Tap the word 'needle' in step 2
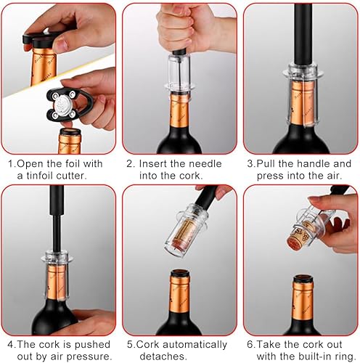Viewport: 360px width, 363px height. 205,164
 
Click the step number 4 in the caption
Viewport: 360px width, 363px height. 10,345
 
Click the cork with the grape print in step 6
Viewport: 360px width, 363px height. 298,234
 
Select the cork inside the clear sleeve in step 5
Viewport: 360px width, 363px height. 187,234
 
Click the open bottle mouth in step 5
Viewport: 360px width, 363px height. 180,274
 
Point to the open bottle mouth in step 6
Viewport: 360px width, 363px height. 303,279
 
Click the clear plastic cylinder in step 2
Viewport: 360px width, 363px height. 179,70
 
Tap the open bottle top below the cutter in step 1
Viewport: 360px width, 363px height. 70,133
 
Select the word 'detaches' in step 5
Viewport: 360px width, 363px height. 163,356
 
